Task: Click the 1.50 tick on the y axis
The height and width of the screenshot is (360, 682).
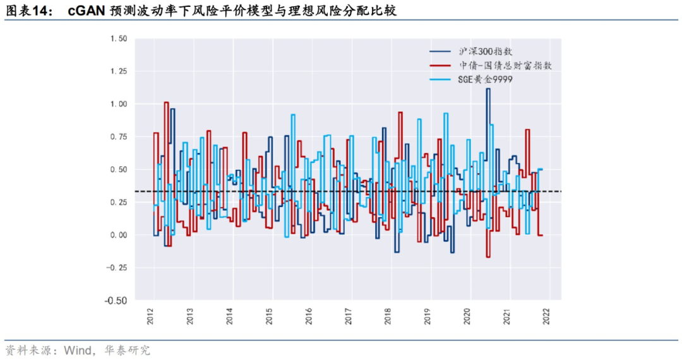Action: point(118,39)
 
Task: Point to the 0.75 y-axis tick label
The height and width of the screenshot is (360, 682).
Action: point(118,136)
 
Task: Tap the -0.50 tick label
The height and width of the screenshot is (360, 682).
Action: point(117,300)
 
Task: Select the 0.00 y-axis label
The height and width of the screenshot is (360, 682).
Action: point(118,235)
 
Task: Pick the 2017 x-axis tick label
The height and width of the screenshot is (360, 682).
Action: point(349,316)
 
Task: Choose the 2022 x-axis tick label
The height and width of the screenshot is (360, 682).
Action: point(546,316)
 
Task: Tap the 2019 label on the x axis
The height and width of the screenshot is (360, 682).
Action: point(428,316)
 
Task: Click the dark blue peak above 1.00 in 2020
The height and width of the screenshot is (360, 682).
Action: point(488,89)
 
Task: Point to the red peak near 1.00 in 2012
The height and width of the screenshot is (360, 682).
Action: point(166,102)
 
